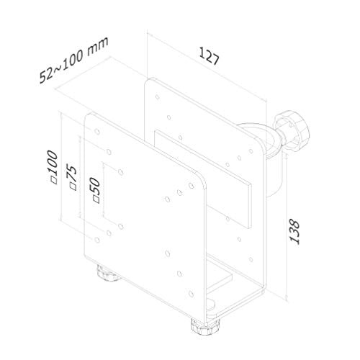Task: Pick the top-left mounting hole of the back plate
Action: tap(158, 91)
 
